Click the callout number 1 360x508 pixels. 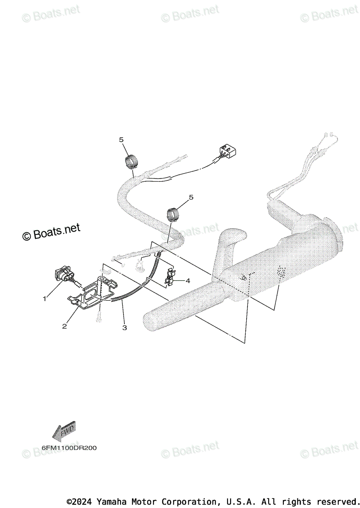click(x=44, y=299)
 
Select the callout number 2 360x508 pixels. click(x=64, y=326)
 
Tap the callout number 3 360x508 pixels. click(x=124, y=327)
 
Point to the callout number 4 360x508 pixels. click(x=187, y=280)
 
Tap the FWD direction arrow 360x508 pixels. click(x=63, y=431)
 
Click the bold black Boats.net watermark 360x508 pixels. click(x=51, y=232)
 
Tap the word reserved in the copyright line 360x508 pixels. click(x=337, y=502)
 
